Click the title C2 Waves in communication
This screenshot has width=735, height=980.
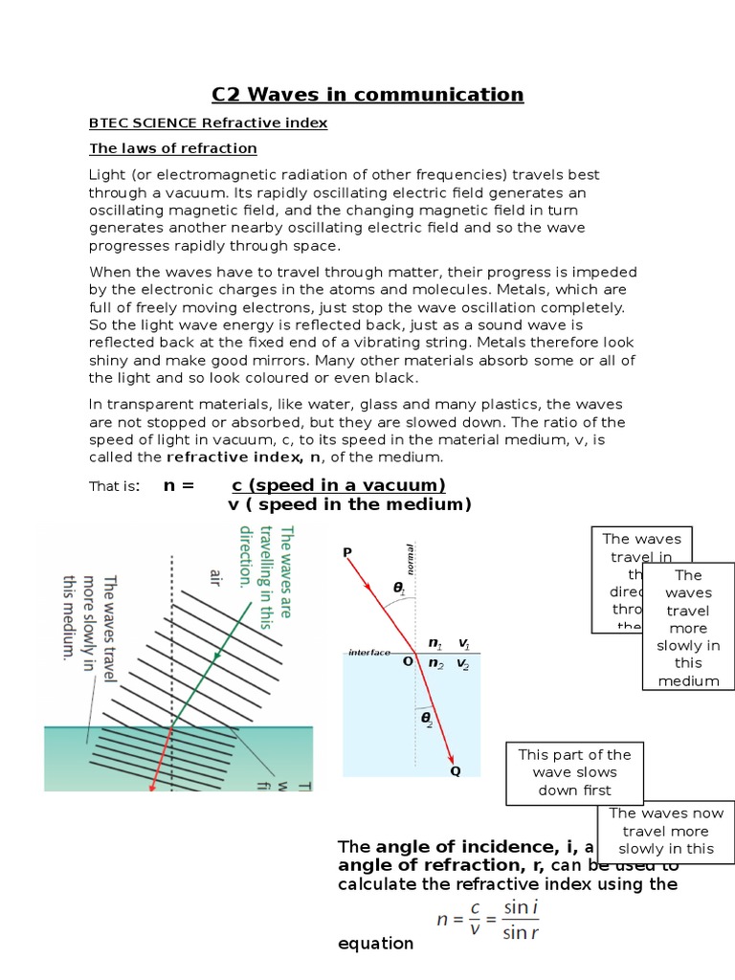pos(367,94)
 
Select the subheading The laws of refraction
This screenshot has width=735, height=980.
pos(173,148)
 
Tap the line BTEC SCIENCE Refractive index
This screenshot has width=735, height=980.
pos(208,123)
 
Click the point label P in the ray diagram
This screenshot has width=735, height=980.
pos(346,553)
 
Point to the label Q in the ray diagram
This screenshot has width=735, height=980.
pos(455,770)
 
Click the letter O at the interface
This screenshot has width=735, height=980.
pos(408,661)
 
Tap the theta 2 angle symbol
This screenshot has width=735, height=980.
pos(427,718)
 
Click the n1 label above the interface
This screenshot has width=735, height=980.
pos(435,643)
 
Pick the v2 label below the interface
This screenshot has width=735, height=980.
pos(463,663)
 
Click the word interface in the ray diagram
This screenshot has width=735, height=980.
pos(369,653)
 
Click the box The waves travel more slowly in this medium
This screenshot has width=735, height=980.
pos(688,628)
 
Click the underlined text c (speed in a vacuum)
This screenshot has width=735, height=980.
pos(339,485)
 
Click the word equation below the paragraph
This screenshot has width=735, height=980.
pos(376,944)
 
